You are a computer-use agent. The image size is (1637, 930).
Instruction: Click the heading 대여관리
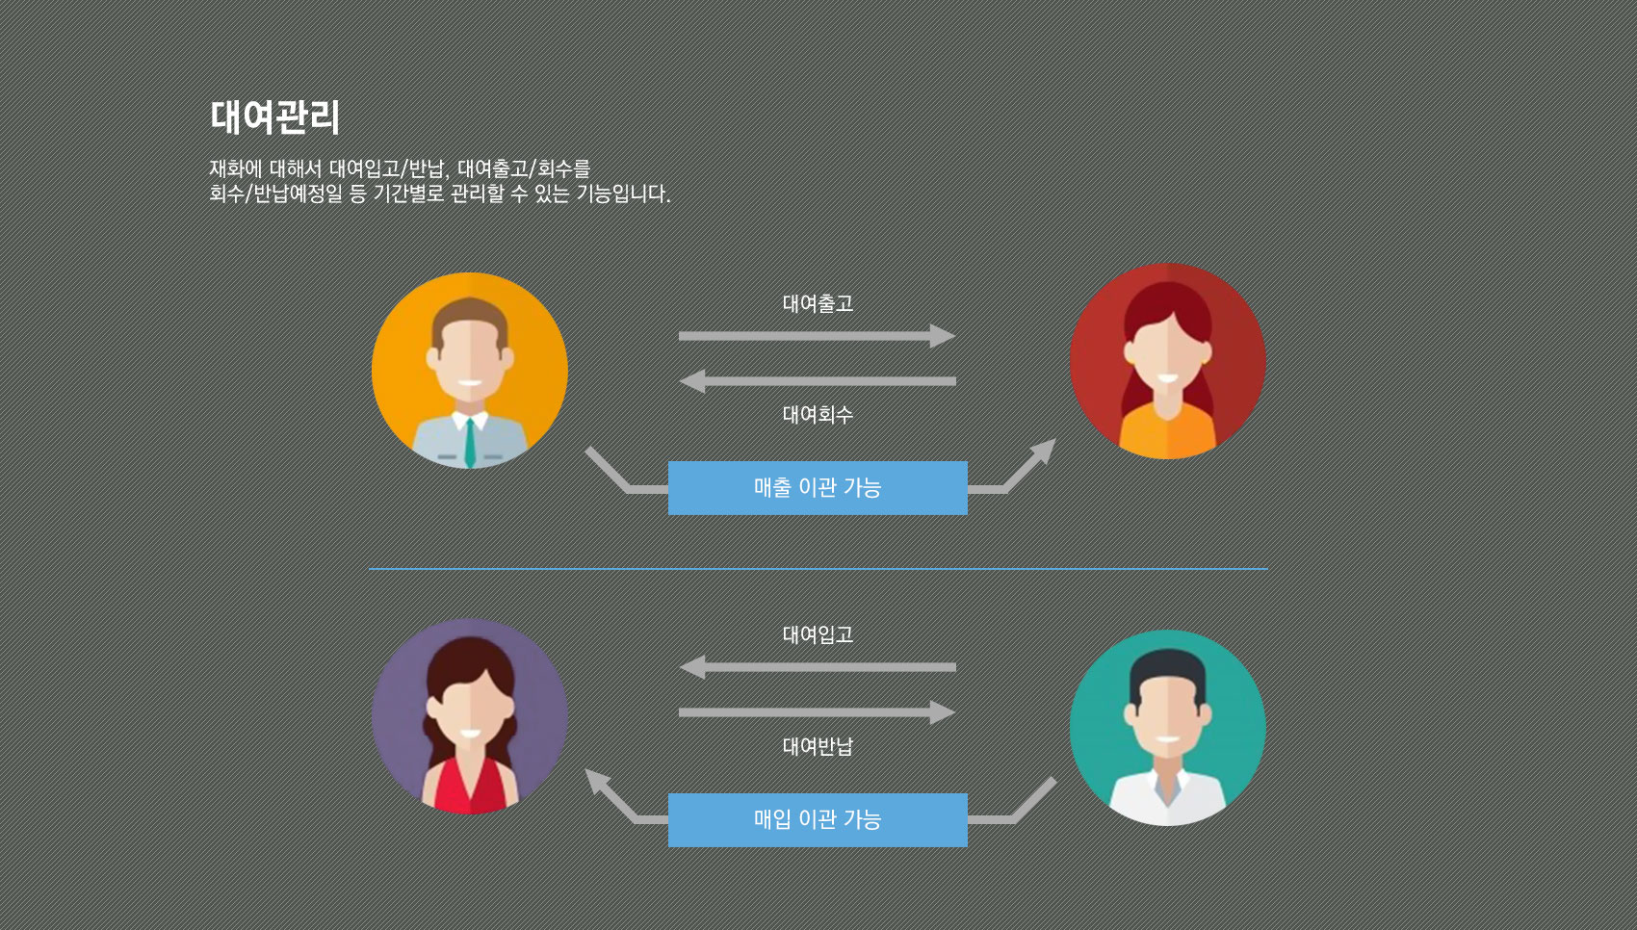[274, 117]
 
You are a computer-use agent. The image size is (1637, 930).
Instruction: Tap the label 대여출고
[818, 304]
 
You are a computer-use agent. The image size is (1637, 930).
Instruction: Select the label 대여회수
[818, 415]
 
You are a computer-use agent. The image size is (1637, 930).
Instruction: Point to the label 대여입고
[818, 635]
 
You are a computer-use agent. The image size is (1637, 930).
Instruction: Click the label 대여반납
[818, 746]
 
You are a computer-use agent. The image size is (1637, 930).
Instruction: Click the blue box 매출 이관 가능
[818, 488]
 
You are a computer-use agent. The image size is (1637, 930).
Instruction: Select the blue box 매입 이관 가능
[818, 820]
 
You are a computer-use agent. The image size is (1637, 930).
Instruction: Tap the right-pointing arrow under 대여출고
[817, 336]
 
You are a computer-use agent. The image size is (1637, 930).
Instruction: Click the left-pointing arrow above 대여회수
[817, 382]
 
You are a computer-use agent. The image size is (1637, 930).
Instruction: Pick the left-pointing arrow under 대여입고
[817, 667]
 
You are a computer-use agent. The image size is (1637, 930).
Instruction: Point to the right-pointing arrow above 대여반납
[817, 712]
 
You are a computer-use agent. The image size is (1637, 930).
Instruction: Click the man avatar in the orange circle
[470, 371]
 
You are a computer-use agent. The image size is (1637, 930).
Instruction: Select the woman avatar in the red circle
[1167, 361]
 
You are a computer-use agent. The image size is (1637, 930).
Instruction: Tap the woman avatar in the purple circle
[470, 716]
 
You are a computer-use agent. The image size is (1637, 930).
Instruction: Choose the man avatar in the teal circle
[1167, 728]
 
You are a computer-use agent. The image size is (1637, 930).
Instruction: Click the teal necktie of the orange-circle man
[470, 441]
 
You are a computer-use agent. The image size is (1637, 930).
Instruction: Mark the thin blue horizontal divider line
[818, 569]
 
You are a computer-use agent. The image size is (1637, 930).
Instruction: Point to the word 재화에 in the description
[235, 169]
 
